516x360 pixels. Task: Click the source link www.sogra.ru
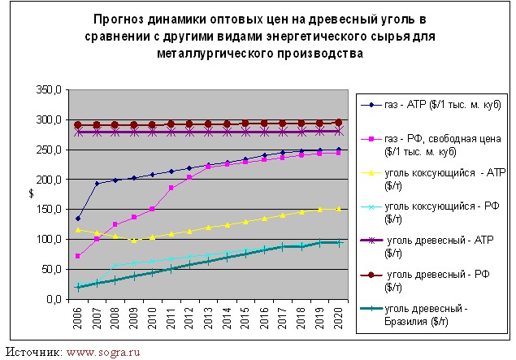coord(103,352)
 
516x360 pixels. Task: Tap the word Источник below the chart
coord(33,352)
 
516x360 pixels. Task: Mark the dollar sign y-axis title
coord(33,194)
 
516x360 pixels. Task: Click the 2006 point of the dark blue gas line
coord(78,219)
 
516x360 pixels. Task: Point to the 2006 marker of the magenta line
coord(78,256)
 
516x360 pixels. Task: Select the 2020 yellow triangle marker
coord(339,209)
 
